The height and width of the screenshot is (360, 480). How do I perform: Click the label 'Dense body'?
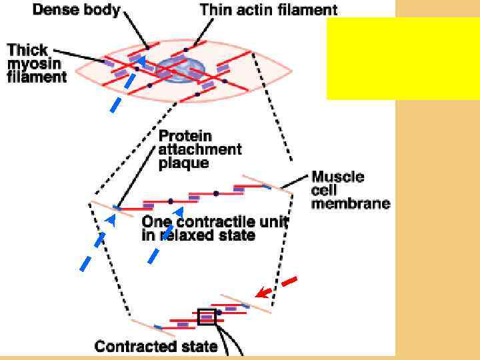76,9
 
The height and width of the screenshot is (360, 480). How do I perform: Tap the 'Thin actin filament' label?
269,9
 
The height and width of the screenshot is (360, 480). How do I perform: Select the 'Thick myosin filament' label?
37,63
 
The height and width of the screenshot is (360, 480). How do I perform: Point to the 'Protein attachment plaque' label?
199,149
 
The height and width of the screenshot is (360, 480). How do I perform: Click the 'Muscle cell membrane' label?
350,190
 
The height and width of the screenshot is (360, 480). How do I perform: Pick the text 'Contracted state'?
156,346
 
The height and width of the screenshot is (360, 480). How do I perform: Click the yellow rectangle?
403,59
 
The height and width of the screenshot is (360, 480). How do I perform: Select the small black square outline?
207,317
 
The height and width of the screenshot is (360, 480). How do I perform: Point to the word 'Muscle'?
338,177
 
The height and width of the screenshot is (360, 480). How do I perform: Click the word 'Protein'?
185,135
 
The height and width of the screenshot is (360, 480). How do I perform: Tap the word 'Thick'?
26,50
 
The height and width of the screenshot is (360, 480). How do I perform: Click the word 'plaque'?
183,163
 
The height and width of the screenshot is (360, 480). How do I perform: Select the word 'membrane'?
351,203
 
